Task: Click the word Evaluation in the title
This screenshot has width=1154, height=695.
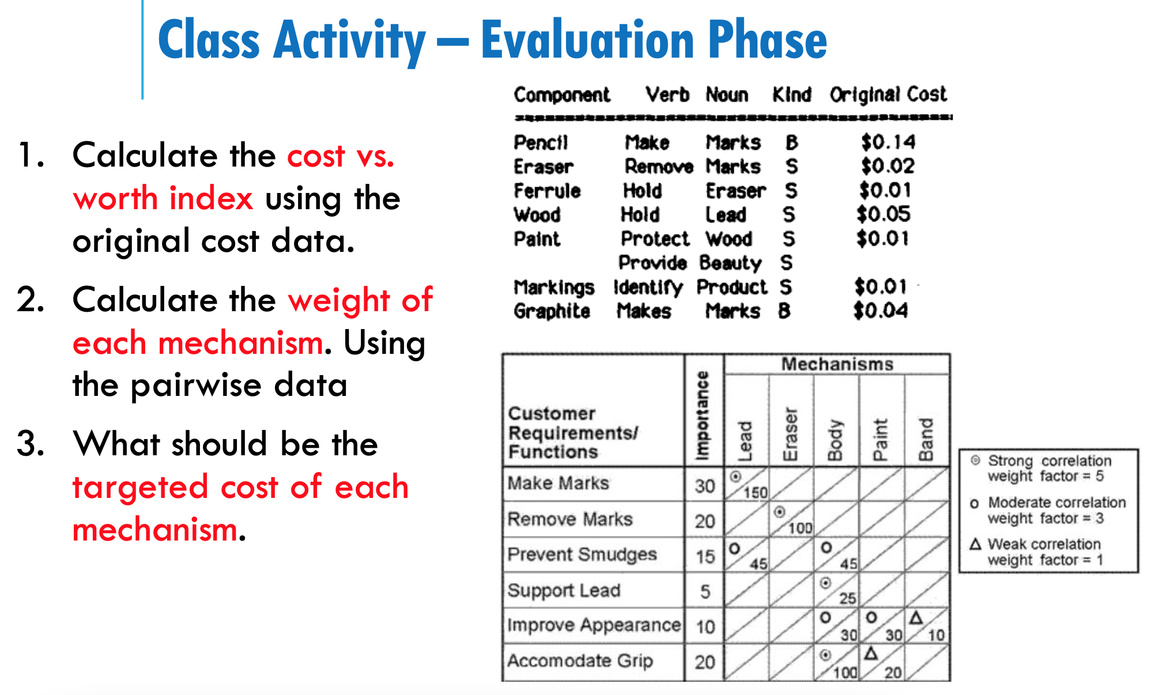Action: click(589, 40)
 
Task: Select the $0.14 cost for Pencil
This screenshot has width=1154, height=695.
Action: click(888, 142)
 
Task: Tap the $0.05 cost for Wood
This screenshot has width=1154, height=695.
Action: click(883, 214)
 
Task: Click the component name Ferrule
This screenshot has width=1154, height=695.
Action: click(547, 191)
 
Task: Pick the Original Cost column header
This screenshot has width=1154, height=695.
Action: click(888, 95)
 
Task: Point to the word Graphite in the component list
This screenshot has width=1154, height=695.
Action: click(552, 311)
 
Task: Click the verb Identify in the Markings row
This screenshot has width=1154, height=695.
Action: click(648, 287)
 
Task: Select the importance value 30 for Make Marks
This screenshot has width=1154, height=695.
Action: click(704, 486)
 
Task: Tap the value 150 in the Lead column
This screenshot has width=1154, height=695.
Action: click(755, 493)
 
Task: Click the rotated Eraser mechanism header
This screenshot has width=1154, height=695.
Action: click(790, 434)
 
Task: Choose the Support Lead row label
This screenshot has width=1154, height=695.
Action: click(564, 590)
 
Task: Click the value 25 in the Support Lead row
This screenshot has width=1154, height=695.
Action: click(847, 598)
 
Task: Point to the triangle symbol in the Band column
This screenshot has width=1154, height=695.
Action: click(917, 618)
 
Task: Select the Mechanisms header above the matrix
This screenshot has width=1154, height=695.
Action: click(837, 364)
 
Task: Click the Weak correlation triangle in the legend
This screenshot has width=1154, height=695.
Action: click(975, 544)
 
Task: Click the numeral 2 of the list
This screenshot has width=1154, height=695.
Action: click(30, 300)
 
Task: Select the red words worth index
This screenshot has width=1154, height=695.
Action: click(163, 198)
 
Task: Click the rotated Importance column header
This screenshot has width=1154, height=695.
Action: click(703, 415)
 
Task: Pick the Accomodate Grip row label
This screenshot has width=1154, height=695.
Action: click(580, 660)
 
